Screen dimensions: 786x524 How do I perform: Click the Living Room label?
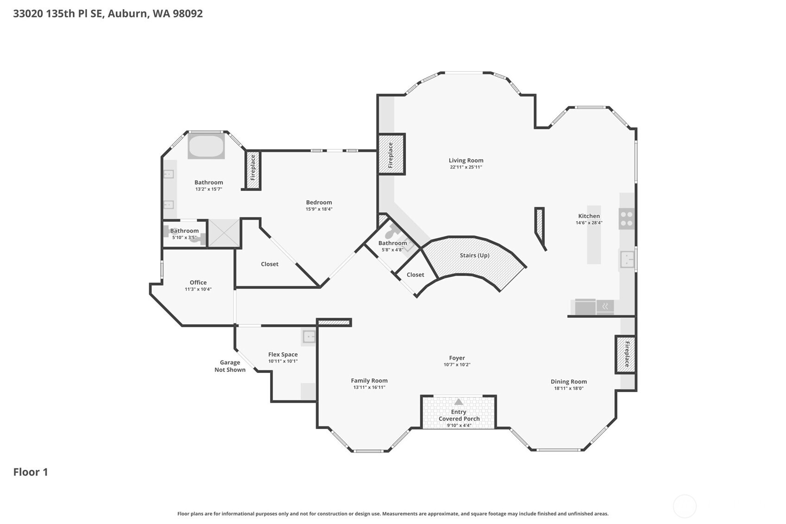click(465, 160)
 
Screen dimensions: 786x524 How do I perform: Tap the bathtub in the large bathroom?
click(206, 146)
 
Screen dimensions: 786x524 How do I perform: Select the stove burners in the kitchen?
click(626, 219)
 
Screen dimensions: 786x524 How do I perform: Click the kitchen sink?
click(627, 259)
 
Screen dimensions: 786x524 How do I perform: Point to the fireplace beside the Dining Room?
click(626, 354)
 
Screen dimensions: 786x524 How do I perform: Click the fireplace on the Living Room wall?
click(391, 154)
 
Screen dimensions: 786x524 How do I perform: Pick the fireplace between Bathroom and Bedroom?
click(253, 170)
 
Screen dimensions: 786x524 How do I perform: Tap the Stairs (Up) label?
click(474, 255)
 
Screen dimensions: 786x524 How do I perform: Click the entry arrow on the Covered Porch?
click(459, 402)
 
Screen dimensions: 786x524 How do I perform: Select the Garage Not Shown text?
click(230, 366)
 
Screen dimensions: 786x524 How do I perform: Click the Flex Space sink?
click(309, 337)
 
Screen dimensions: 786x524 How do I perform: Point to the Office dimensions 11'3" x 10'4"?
click(198, 289)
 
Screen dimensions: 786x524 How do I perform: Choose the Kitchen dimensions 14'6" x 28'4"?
click(589, 222)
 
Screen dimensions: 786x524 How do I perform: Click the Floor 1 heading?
click(31, 472)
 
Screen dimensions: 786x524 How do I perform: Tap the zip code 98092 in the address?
click(188, 14)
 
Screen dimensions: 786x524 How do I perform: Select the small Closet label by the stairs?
click(415, 275)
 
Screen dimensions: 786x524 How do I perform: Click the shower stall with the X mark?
click(224, 233)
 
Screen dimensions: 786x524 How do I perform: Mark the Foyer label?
click(457, 358)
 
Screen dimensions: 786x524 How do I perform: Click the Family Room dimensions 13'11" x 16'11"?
click(369, 387)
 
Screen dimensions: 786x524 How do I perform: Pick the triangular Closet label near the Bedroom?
click(270, 264)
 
